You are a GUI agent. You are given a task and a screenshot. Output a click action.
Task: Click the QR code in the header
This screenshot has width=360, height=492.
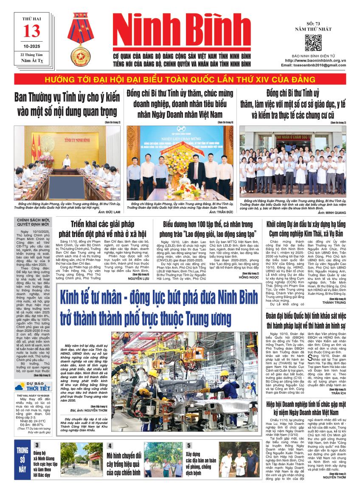point(313,43)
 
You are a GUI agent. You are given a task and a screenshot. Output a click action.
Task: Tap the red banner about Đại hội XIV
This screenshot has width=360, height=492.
point(180,80)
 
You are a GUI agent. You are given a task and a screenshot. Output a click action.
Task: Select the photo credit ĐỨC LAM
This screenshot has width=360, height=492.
point(112,211)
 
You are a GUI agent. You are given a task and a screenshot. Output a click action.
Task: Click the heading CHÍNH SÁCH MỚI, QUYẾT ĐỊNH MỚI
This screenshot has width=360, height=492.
point(32,223)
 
